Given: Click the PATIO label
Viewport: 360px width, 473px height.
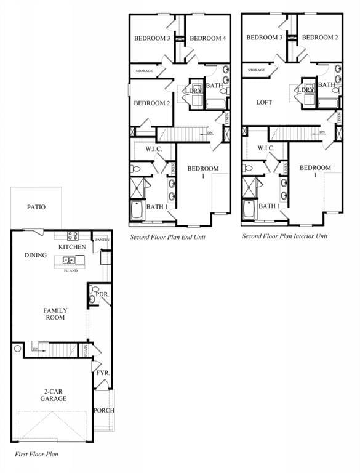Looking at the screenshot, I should click(36, 208).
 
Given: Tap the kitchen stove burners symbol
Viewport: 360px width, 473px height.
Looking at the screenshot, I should click(73, 235).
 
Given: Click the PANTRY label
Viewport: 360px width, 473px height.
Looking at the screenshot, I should click(101, 240).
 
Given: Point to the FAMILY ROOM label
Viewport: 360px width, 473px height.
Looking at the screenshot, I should click(55, 314).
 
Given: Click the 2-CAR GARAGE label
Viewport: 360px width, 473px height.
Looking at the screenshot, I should click(55, 395).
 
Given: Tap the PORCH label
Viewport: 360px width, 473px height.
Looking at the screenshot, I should click(103, 410).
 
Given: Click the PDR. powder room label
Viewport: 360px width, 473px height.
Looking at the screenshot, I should click(102, 294).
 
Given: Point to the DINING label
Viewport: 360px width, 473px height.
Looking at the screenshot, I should click(36, 255).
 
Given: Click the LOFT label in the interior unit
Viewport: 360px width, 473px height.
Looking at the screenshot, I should click(264, 102).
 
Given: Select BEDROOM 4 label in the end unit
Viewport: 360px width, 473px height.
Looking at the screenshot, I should click(207, 38).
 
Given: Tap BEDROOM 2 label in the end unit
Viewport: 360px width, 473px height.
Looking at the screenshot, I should click(151, 103).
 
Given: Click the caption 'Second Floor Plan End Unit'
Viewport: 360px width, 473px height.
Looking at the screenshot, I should click(168, 236).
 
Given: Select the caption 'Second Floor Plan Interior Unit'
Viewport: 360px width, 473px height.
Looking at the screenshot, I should click(285, 236).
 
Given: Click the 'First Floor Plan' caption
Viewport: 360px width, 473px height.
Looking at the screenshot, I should click(36, 453).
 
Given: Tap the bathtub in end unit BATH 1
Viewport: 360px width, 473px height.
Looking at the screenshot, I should click(137, 211).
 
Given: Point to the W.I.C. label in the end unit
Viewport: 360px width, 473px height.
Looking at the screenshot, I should click(153, 149).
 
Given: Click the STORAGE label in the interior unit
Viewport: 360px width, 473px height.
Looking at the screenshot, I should click(257, 70).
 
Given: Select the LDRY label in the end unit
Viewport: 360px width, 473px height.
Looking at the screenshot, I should click(194, 91).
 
